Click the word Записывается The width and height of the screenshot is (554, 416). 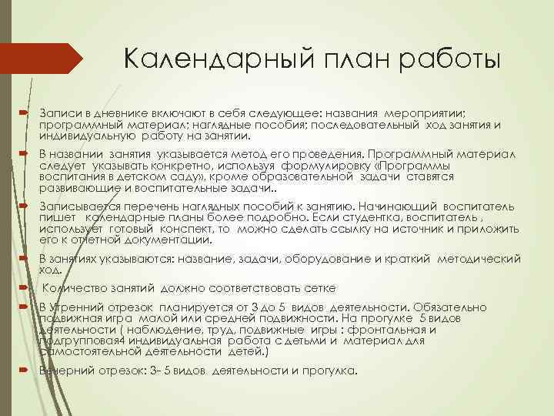[x=78, y=207]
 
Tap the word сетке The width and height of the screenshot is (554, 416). [x=320, y=289]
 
